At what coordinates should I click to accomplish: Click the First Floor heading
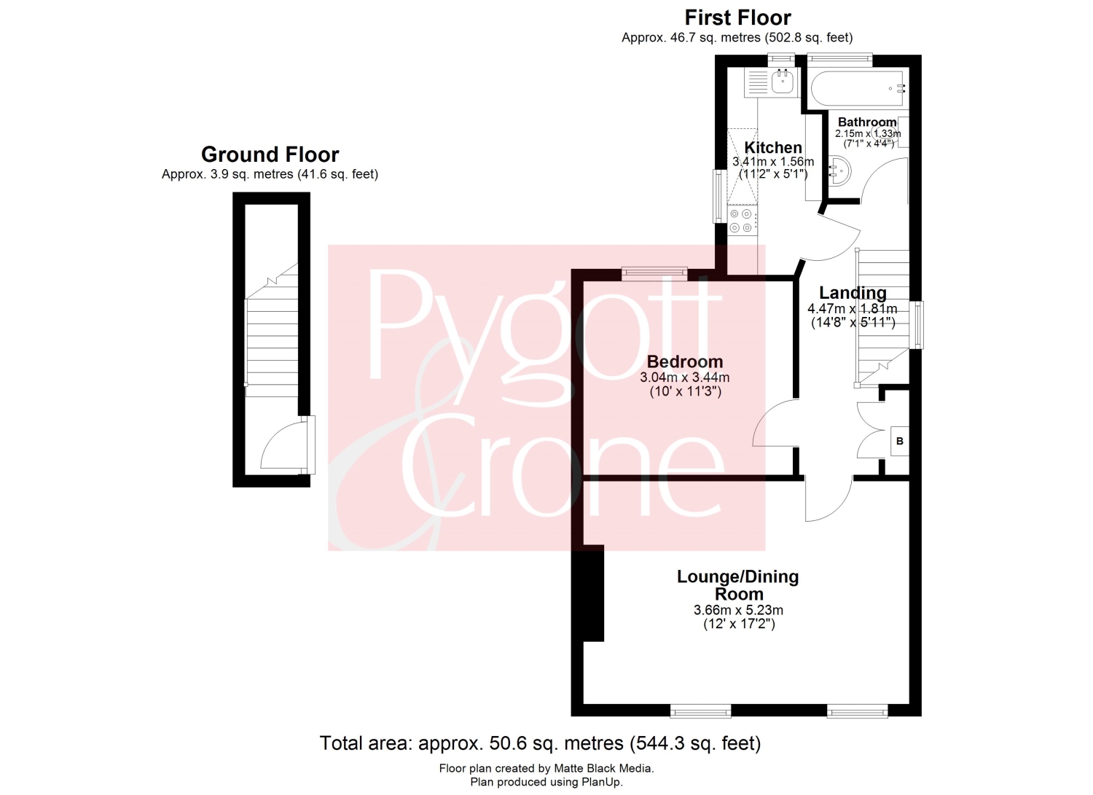pyautogui.click(x=737, y=18)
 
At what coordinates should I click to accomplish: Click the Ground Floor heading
pyautogui.click(x=270, y=154)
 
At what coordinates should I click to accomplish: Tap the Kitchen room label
pyautogui.click(x=773, y=147)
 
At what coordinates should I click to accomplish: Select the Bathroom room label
pyautogui.click(x=867, y=122)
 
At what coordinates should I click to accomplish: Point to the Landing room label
pyautogui.click(x=853, y=293)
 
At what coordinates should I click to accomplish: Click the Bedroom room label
pyautogui.click(x=685, y=361)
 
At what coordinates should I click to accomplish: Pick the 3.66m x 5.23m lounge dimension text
pyautogui.click(x=738, y=610)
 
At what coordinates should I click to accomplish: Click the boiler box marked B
pyautogui.click(x=900, y=441)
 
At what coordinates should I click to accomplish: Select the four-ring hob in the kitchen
pyautogui.click(x=742, y=221)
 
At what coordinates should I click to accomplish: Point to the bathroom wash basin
pyautogui.click(x=839, y=171)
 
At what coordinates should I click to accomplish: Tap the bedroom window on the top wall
pyautogui.click(x=654, y=274)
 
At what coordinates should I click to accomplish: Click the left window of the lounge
pyautogui.click(x=700, y=711)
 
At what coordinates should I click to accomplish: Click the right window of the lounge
pyautogui.click(x=858, y=711)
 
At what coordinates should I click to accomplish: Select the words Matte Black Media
pyautogui.click(x=603, y=768)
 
